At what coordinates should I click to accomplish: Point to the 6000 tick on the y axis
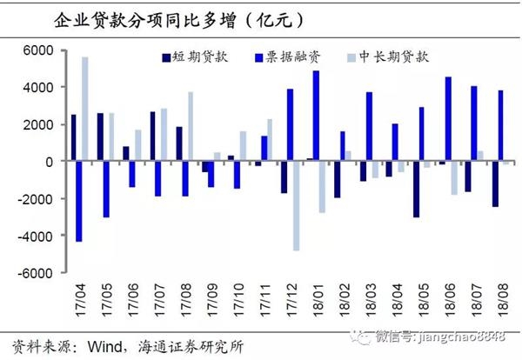(x=40, y=50)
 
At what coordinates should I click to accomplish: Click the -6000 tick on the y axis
(x=37, y=273)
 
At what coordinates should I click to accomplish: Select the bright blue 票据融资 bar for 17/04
(x=78, y=201)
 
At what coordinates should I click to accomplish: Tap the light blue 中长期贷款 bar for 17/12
(x=296, y=206)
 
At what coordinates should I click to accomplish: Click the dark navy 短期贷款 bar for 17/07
(x=152, y=137)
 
